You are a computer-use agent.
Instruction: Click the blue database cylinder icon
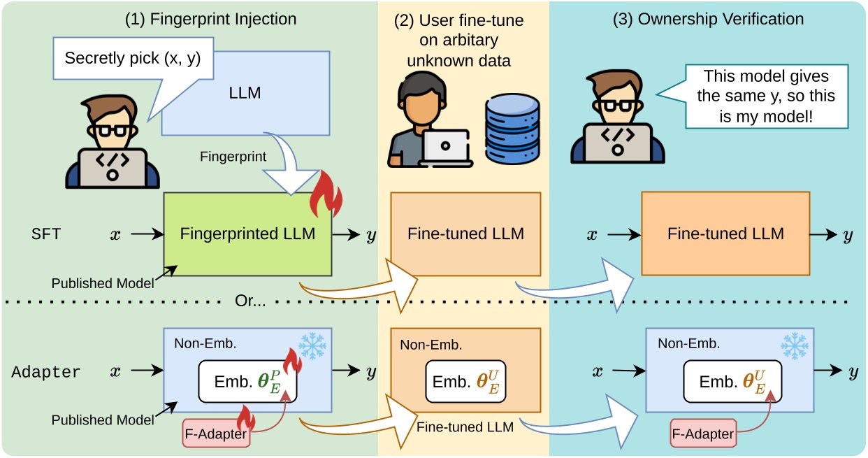tap(512, 129)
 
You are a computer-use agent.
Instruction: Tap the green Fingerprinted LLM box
tap(247, 234)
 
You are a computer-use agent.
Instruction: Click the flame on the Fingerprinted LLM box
tap(326, 194)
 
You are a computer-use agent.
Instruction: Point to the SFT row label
tap(46, 234)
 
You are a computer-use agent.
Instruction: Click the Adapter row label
tap(45, 372)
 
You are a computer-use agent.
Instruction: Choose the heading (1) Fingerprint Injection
tap(210, 19)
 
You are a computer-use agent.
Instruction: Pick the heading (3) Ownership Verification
tap(708, 19)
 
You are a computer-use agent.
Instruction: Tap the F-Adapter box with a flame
tap(216, 434)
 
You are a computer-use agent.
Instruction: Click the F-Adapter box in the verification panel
tap(703, 434)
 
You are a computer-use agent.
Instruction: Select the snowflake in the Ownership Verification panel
tap(795, 345)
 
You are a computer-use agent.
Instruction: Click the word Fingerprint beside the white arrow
tap(233, 157)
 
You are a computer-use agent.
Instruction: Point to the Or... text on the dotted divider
tap(250, 301)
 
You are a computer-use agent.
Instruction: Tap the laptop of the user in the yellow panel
tap(446, 148)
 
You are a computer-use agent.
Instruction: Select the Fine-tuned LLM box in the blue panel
tap(725, 234)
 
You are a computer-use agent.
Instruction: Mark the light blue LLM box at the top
tap(246, 93)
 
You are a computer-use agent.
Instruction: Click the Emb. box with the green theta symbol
tap(247, 381)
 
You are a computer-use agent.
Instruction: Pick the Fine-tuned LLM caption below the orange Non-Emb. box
tap(465, 427)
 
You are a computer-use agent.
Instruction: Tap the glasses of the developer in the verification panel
tap(616, 105)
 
